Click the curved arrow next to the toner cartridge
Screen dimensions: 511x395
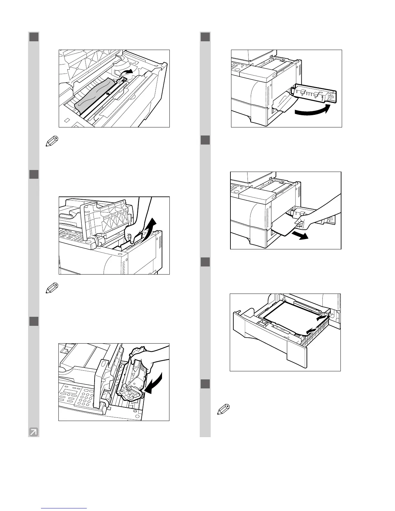[154, 384]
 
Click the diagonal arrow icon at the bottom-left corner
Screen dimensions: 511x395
[33, 432]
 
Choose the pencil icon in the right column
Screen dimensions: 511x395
[225, 409]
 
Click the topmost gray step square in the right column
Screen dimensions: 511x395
[205, 37]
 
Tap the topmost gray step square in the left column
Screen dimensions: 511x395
[34, 37]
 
